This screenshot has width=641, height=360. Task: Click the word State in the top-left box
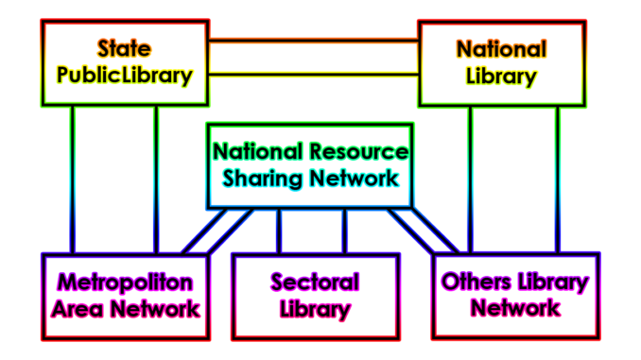(x=124, y=48)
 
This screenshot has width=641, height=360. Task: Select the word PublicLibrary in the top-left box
(x=124, y=75)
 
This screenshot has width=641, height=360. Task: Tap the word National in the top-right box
(x=501, y=48)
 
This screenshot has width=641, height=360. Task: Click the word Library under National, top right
(x=501, y=76)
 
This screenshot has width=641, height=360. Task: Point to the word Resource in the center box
(x=360, y=151)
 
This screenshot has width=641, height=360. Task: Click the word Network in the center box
(x=355, y=178)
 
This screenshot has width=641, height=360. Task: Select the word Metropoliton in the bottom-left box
(x=125, y=282)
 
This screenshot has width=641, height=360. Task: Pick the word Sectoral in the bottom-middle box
(x=315, y=282)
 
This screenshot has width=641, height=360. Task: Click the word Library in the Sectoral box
(x=315, y=308)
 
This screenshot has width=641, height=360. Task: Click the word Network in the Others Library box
(x=515, y=307)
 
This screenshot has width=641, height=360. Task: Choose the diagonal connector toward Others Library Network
(x=426, y=231)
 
